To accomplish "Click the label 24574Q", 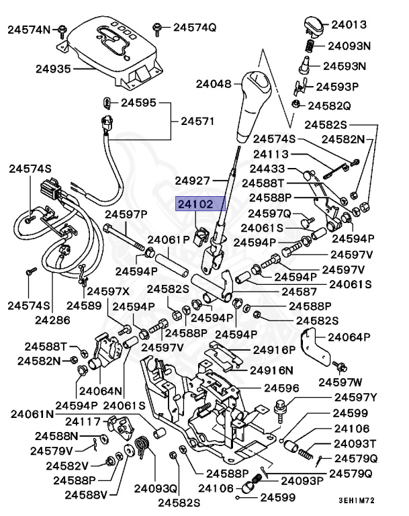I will pyautogui.click(x=194, y=28).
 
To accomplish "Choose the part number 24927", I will pyautogui.click(x=193, y=180).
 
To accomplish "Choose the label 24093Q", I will pyautogui.click(x=154, y=488).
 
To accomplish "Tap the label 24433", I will pyautogui.click(x=268, y=168).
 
